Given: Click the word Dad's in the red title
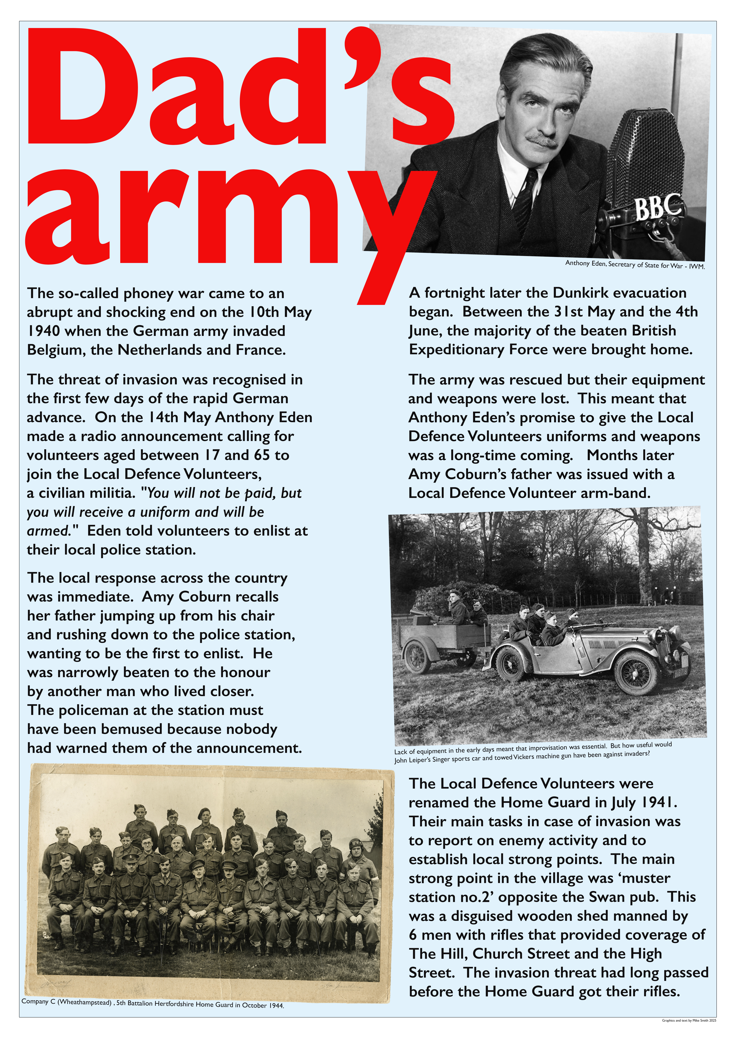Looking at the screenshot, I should (240, 91).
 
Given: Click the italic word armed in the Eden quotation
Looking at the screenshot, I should (47, 531).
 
